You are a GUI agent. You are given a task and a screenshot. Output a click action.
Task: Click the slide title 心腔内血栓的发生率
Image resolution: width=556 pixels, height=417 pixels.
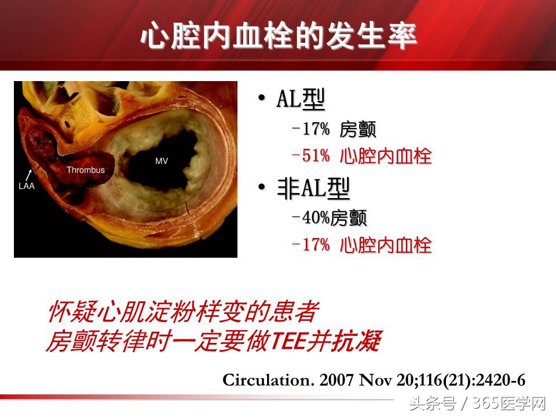coord(279,36)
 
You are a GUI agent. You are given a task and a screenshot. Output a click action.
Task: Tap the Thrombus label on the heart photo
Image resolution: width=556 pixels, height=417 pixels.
coord(85,170)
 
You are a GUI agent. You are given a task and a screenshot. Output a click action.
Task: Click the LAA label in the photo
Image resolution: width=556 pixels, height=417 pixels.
coord(26,186)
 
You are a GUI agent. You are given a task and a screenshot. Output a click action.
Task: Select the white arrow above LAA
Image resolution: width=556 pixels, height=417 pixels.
coord(29,174)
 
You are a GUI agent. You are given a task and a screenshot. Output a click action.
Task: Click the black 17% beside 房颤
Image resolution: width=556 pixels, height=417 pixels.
coord(315,129)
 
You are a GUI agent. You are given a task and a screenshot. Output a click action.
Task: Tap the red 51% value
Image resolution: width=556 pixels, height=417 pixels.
coord(315,156)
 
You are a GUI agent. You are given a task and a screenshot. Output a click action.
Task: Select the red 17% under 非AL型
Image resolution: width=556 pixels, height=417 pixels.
coord(315,244)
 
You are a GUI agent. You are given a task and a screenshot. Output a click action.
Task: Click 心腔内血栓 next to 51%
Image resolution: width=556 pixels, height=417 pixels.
coord(386,156)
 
